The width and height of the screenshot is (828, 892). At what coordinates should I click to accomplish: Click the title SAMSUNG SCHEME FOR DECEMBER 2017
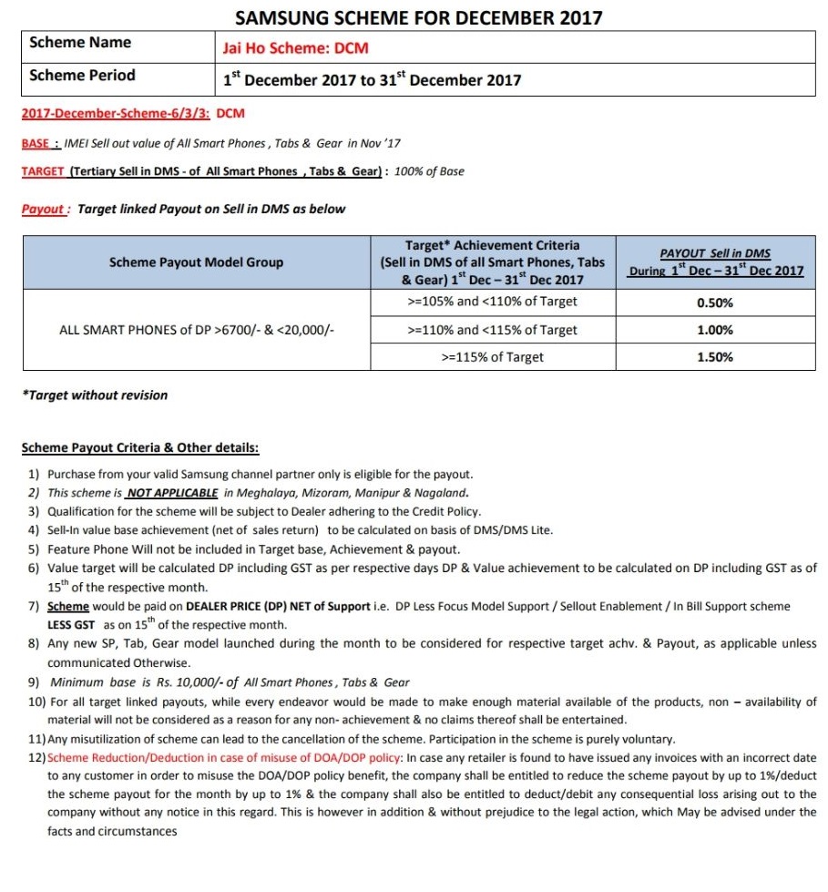(x=418, y=17)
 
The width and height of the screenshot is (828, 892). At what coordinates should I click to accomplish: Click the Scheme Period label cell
(x=82, y=76)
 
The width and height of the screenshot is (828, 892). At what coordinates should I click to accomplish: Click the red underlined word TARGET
(x=43, y=171)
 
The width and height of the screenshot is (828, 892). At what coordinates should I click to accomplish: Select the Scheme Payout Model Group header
(x=196, y=262)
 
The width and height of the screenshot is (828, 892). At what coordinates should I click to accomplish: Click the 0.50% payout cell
(x=715, y=302)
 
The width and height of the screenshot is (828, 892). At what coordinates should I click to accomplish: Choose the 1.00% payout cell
(x=715, y=331)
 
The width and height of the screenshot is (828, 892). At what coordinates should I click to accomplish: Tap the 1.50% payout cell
(x=715, y=357)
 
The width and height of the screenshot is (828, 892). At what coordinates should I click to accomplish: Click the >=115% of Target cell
(x=492, y=357)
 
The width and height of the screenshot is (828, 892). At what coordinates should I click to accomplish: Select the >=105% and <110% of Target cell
(x=492, y=302)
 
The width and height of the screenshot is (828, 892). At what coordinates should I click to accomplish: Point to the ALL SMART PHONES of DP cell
(x=196, y=330)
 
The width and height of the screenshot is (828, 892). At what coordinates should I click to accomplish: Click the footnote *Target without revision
(x=95, y=395)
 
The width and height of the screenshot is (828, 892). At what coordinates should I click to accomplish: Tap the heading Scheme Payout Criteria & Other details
(x=139, y=448)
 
